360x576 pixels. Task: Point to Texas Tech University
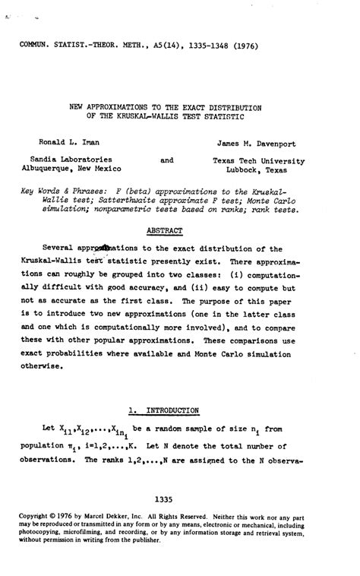258,160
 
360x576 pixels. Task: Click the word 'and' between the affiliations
167,160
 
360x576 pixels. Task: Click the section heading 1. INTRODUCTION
165,410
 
